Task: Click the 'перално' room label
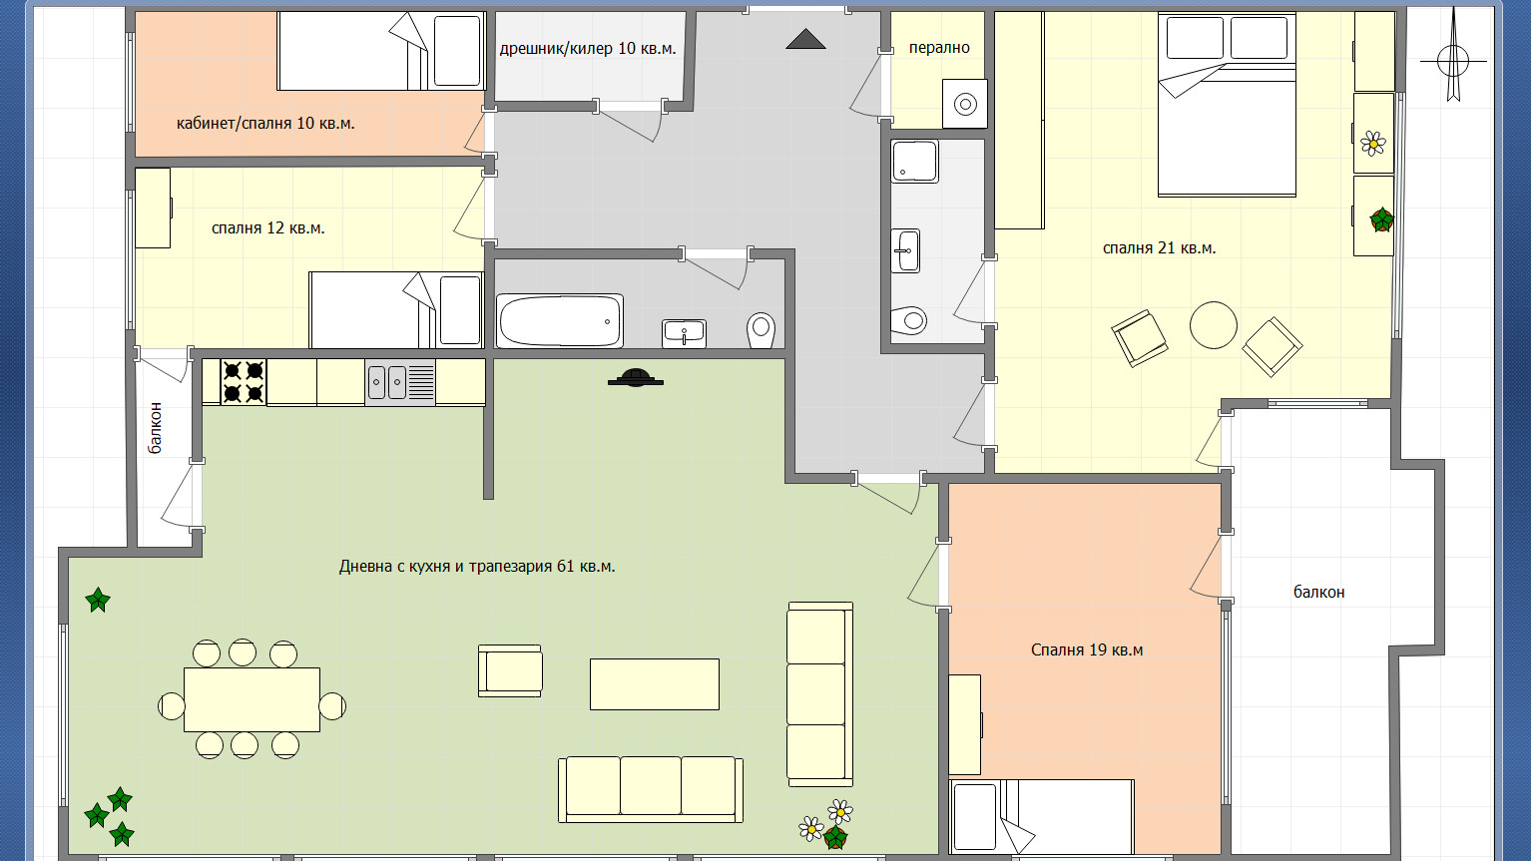point(939,48)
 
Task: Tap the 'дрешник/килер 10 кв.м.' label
point(588,49)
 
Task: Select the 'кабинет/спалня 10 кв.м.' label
point(265,124)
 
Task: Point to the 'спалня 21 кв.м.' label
point(1159,248)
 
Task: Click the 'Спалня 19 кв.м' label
point(1087,649)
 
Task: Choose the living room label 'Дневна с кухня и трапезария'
point(446,567)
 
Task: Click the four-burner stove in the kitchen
point(244,382)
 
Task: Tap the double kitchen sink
point(400,382)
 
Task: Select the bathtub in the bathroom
point(560,321)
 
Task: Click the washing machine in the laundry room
point(965,104)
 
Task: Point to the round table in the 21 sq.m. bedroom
point(1214,325)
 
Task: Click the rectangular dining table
point(252,699)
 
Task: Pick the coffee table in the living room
point(654,684)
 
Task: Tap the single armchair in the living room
point(510,671)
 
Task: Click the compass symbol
point(1453,60)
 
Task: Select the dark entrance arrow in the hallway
point(805,39)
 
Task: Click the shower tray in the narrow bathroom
point(914,162)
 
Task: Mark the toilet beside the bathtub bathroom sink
point(761,330)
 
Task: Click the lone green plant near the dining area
point(98,600)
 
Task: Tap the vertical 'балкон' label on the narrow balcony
point(156,428)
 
